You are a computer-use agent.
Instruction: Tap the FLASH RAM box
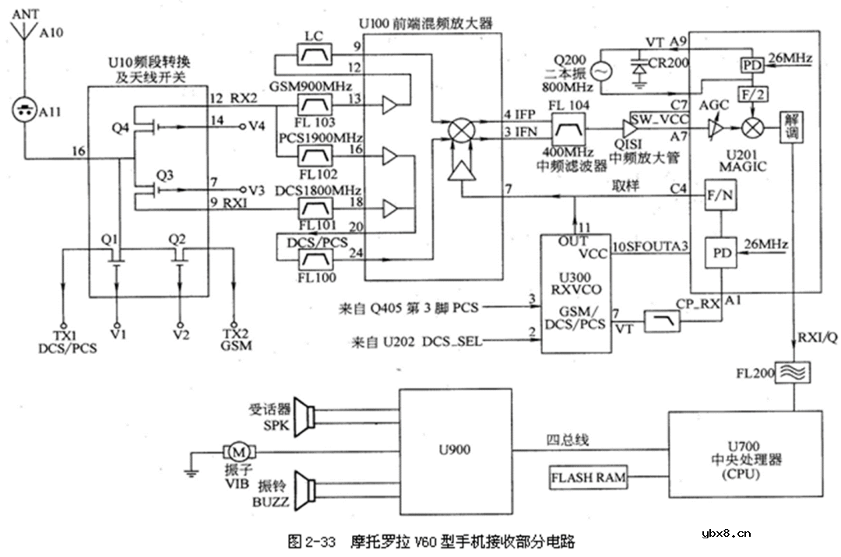pyautogui.click(x=589, y=477)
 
